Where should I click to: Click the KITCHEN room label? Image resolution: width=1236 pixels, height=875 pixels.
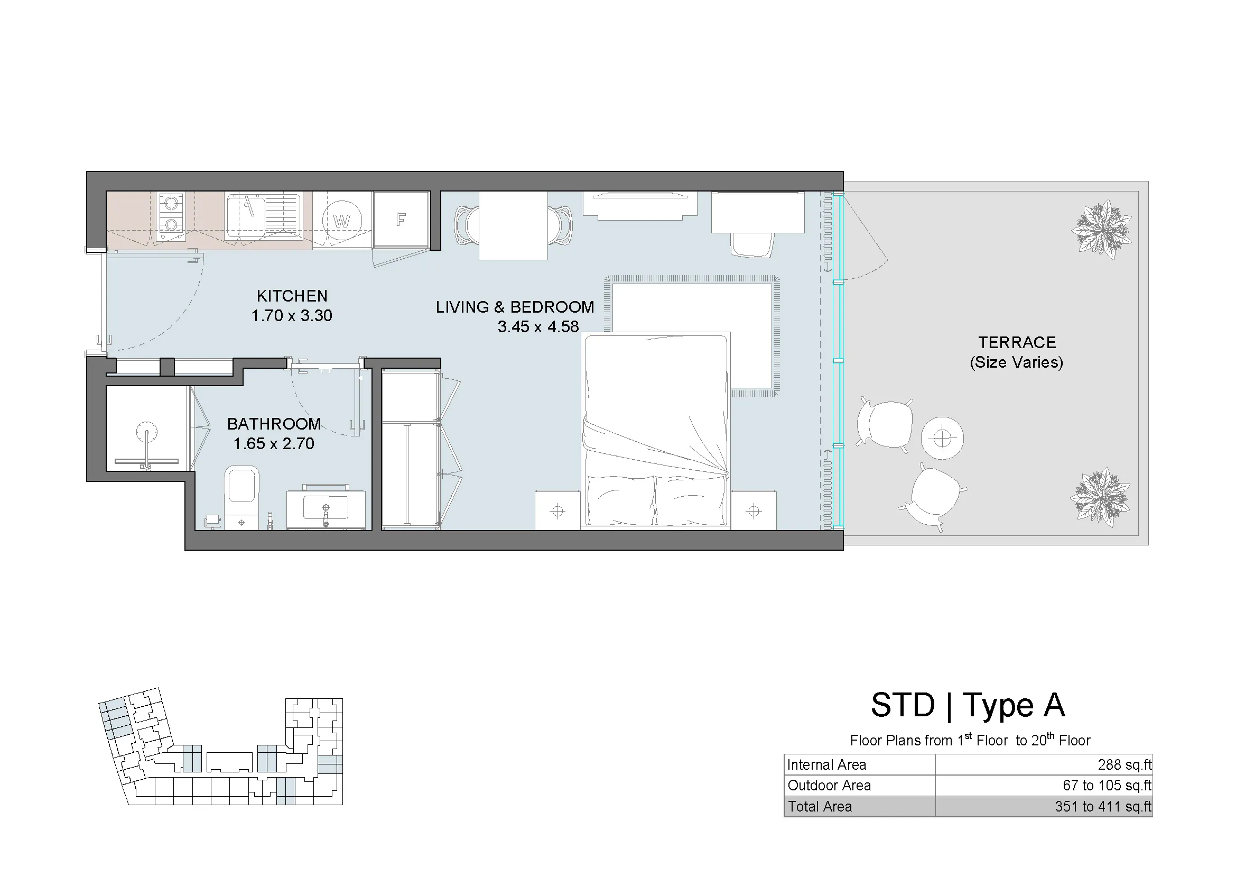[292, 296]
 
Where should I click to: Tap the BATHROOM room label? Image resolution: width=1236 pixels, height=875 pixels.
[274, 424]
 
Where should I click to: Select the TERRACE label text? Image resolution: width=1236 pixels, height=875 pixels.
[1017, 342]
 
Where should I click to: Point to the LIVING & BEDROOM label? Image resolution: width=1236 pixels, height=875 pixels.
[515, 307]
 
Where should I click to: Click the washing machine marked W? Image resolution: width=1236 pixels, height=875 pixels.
[342, 221]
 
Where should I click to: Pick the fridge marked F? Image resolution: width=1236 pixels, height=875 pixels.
[401, 220]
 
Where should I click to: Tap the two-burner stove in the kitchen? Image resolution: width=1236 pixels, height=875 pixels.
[171, 216]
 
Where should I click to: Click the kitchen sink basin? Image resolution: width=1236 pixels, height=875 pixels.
[246, 215]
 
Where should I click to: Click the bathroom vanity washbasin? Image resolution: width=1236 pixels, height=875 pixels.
[325, 507]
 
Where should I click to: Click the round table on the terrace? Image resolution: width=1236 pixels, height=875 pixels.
[942, 438]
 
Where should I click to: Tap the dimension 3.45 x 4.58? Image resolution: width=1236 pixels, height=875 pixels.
[538, 326]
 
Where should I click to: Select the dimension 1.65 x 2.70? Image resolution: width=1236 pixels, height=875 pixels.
[274, 443]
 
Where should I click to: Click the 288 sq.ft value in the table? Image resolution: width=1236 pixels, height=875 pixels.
[1125, 764]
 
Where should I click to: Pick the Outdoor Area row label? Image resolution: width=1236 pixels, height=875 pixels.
[829, 785]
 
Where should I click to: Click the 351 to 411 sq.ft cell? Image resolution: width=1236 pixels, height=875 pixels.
[1103, 806]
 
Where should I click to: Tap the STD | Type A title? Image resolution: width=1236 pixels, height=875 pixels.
[968, 705]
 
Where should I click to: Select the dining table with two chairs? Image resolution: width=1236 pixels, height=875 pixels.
[513, 225]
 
